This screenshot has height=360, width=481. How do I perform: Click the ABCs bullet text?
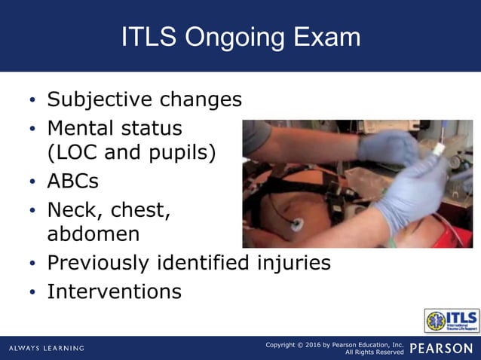click(72, 182)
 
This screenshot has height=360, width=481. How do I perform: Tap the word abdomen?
click(93, 234)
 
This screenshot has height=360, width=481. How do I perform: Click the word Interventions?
click(114, 291)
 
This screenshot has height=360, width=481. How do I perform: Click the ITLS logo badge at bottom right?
click(451, 320)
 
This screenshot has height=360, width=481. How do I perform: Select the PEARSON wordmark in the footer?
click(441, 348)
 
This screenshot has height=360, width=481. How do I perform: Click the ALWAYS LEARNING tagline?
click(47, 348)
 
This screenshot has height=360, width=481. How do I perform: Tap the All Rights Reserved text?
click(374, 352)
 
